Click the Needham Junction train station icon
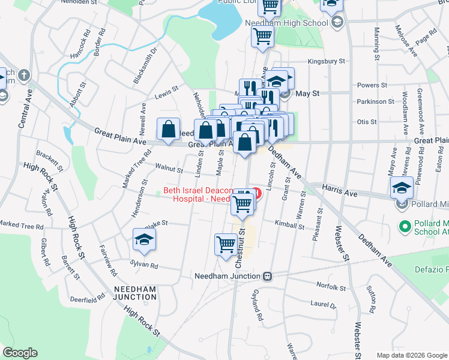[x=268, y=277]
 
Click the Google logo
[x=20, y=353]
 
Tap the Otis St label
[x=366, y=121]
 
